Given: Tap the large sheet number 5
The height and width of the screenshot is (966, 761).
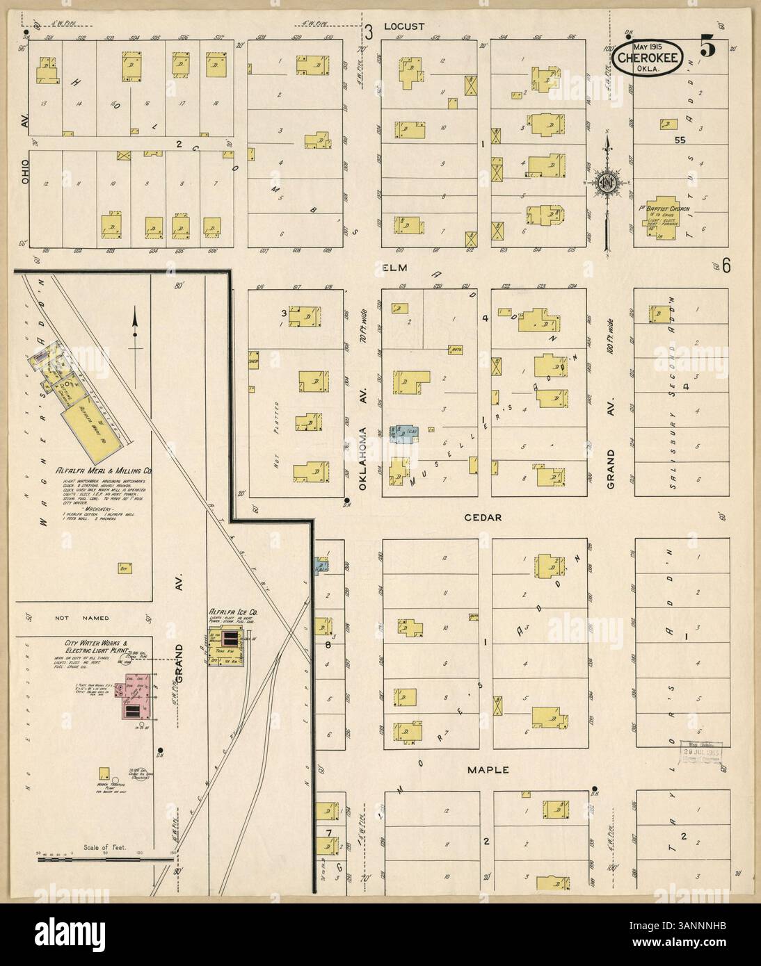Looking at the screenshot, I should point(707,48).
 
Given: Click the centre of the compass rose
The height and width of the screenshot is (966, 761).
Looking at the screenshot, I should point(607,183).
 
